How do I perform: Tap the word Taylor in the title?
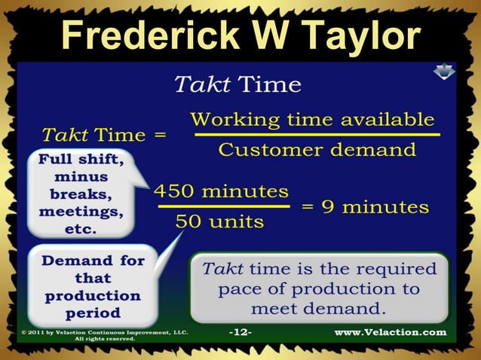360,36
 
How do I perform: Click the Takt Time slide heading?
237,84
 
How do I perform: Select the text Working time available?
312,119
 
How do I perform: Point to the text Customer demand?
317,149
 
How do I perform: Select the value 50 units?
219,221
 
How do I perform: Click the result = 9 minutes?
365,206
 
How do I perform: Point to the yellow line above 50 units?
224,206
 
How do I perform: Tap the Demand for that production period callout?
93,286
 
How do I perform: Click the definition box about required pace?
319,288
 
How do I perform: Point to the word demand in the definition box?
349,309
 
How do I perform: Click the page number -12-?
240,332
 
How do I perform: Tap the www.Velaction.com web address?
390,332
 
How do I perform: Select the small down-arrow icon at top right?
443,71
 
